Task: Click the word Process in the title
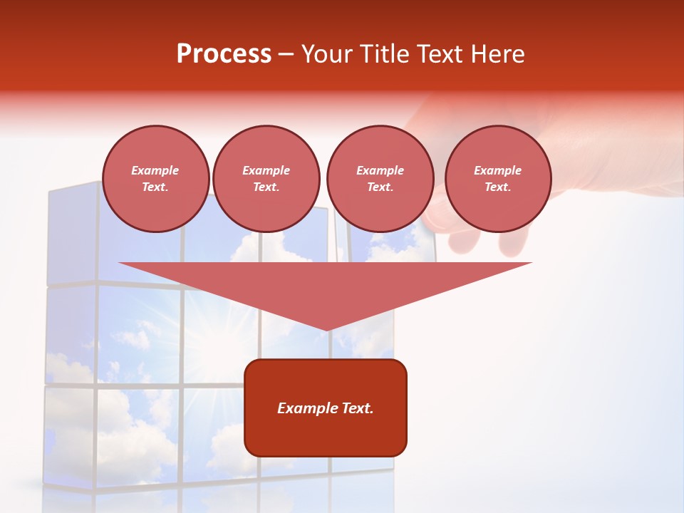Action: pyautogui.click(x=224, y=54)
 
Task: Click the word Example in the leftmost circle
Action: pyautogui.click(x=155, y=170)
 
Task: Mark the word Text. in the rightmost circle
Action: pyautogui.click(x=497, y=187)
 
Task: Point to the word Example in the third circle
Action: pyautogui.click(x=380, y=170)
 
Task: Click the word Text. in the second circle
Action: pyautogui.click(x=266, y=187)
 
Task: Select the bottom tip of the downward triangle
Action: pyautogui.click(x=326, y=329)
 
